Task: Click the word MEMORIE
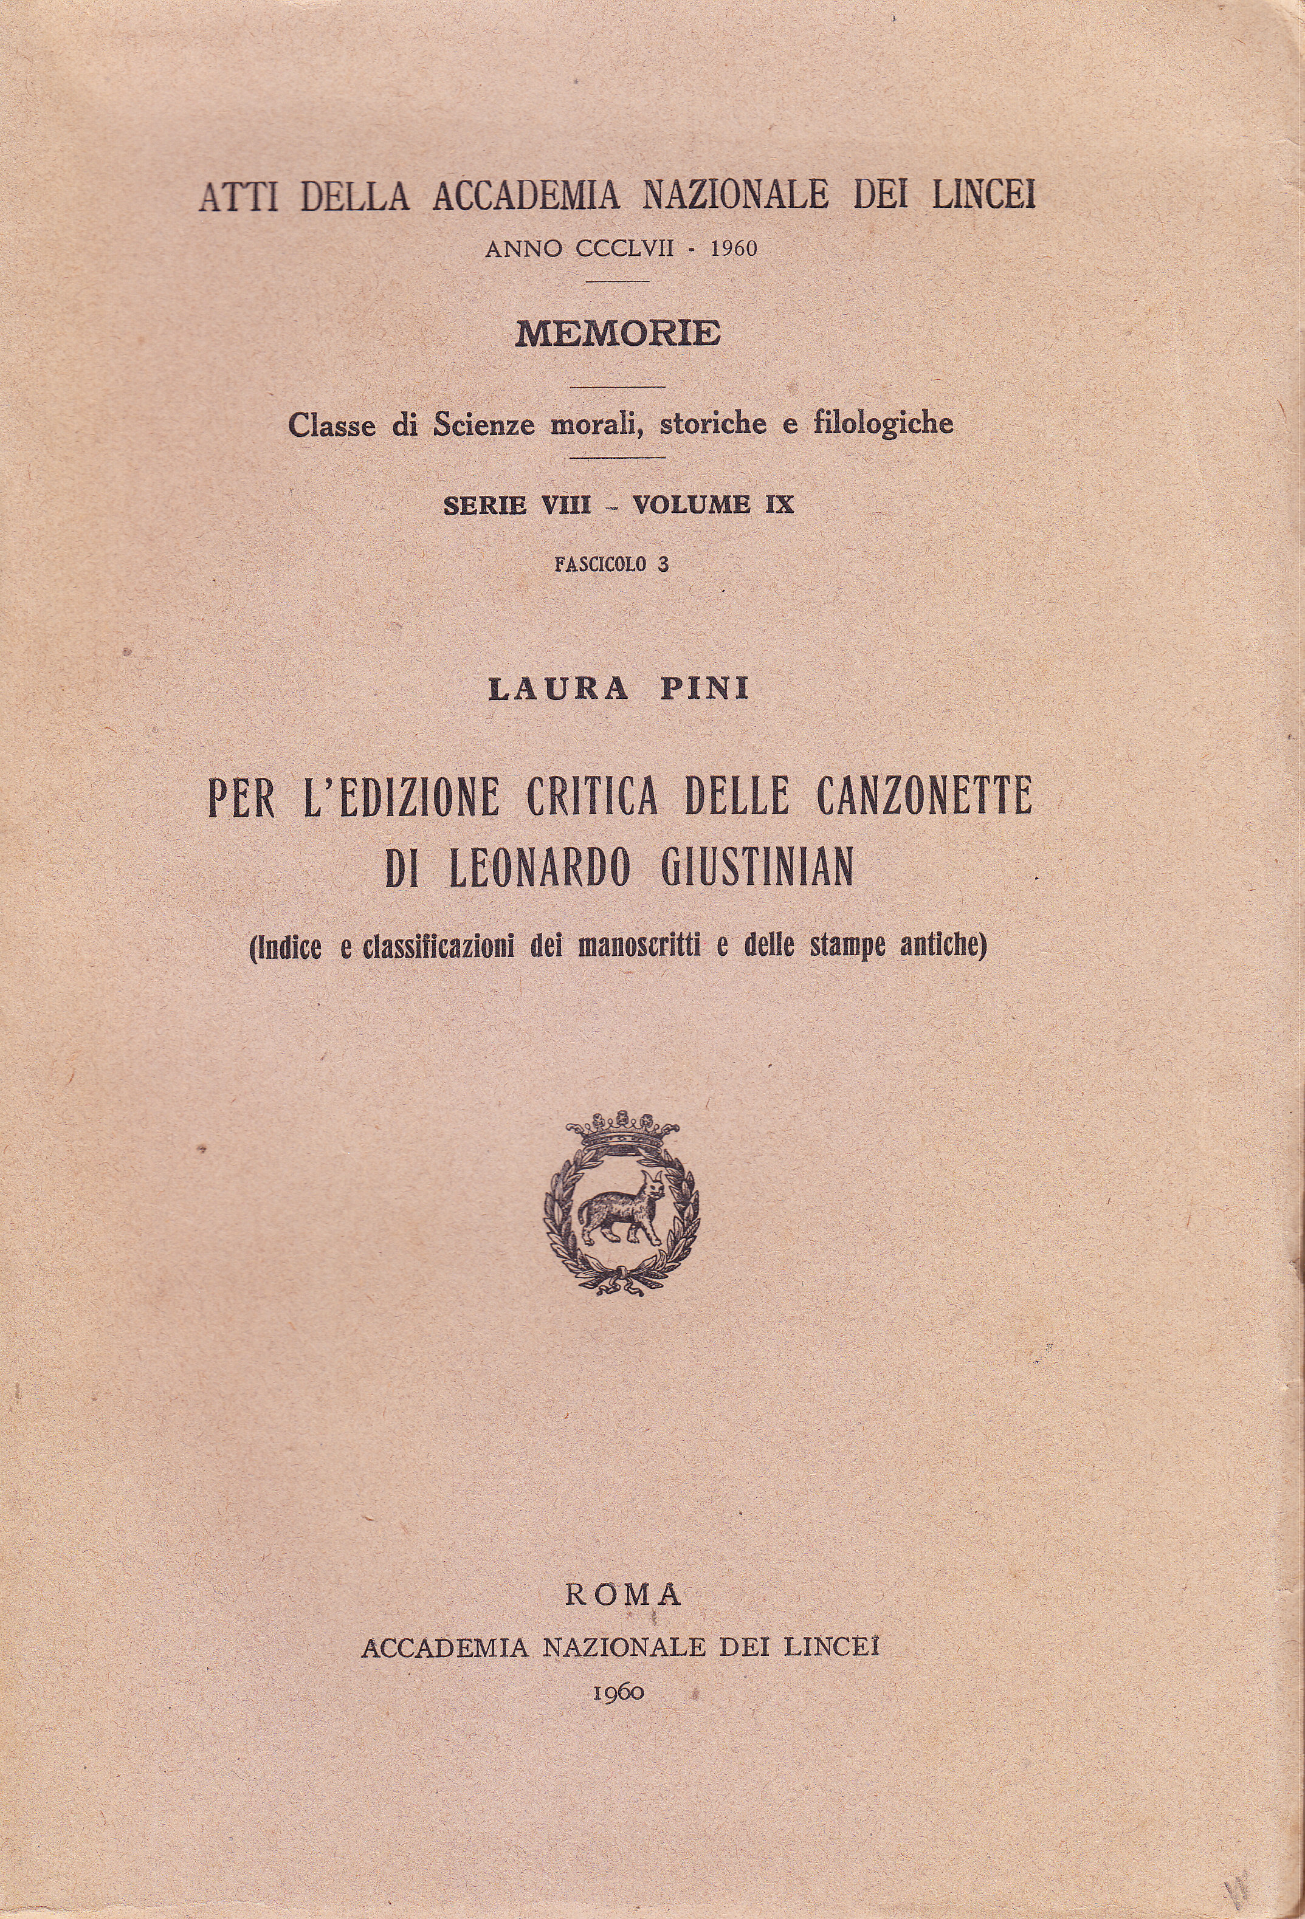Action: [x=618, y=334]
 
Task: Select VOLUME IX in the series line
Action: [x=713, y=504]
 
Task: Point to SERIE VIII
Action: [x=517, y=504]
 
